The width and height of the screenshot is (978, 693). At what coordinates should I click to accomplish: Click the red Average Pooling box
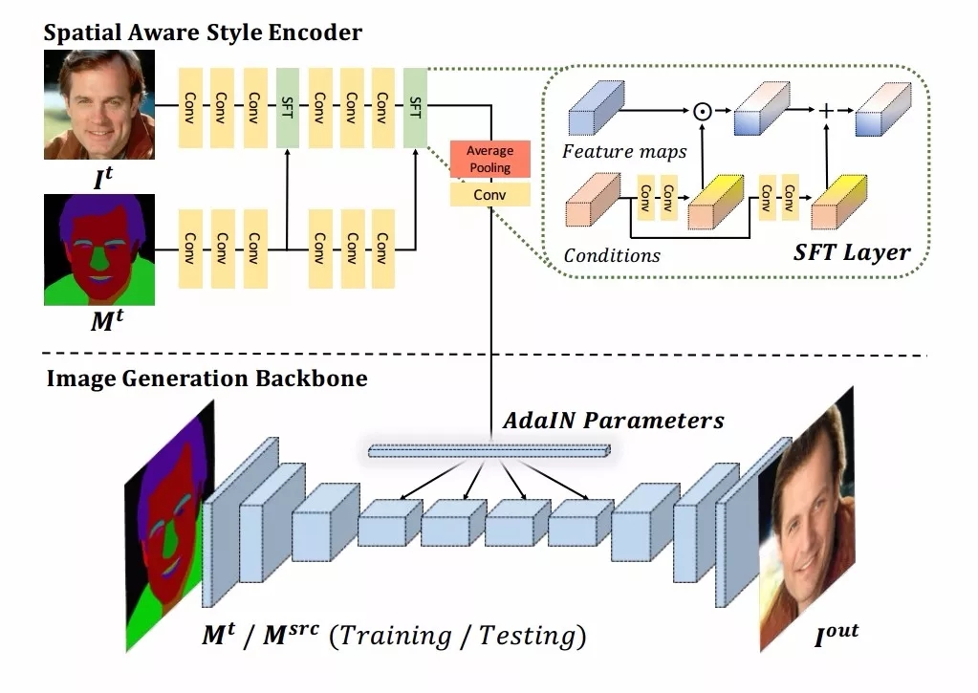pyautogui.click(x=489, y=160)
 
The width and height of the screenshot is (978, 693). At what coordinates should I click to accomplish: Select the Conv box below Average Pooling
pyautogui.click(x=489, y=195)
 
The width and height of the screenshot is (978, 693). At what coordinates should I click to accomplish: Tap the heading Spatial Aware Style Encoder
pyautogui.click(x=203, y=32)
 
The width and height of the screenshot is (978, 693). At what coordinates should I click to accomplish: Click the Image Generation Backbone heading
pyautogui.click(x=206, y=378)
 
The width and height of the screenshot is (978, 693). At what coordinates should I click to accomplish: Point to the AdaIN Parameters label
pyautogui.click(x=613, y=420)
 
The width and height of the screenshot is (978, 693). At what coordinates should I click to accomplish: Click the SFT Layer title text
pyautogui.click(x=851, y=253)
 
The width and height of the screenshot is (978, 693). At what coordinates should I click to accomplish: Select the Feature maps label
pyautogui.click(x=624, y=151)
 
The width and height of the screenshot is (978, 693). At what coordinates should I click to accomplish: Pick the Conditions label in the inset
pyautogui.click(x=612, y=255)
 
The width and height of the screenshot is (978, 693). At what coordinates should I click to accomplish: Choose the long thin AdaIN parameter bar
pyautogui.click(x=488, y=451)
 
